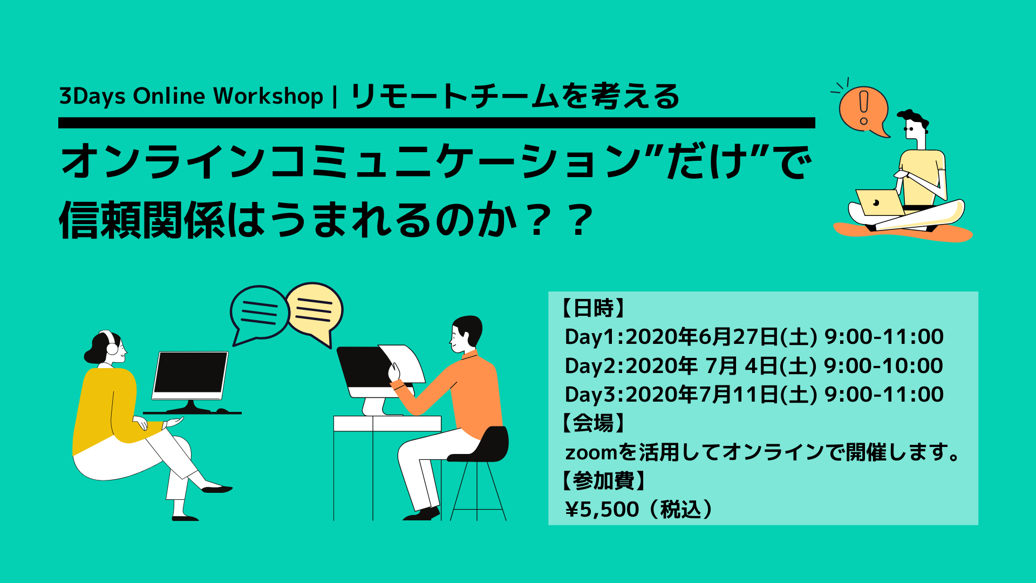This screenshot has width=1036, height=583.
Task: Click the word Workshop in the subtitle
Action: [268, 96]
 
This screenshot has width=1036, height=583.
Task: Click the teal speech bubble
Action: [259, 314]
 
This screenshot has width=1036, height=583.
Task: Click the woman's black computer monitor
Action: [190, 375]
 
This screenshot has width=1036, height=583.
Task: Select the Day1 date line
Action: [754, 337]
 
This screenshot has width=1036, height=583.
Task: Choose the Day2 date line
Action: [754, 366]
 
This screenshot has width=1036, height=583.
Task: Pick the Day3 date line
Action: [754, 395]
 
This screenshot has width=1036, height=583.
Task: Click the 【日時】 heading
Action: [593, 308]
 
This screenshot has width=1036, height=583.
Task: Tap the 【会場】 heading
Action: [593, 423]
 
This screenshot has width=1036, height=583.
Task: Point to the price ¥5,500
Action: [602, 510]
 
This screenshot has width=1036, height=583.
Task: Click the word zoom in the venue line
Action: [590, 453]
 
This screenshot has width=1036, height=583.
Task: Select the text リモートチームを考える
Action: [515, 97]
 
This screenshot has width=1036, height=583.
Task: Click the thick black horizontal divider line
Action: [437, 123]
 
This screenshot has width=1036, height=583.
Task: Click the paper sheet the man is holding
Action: [404, 363]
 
